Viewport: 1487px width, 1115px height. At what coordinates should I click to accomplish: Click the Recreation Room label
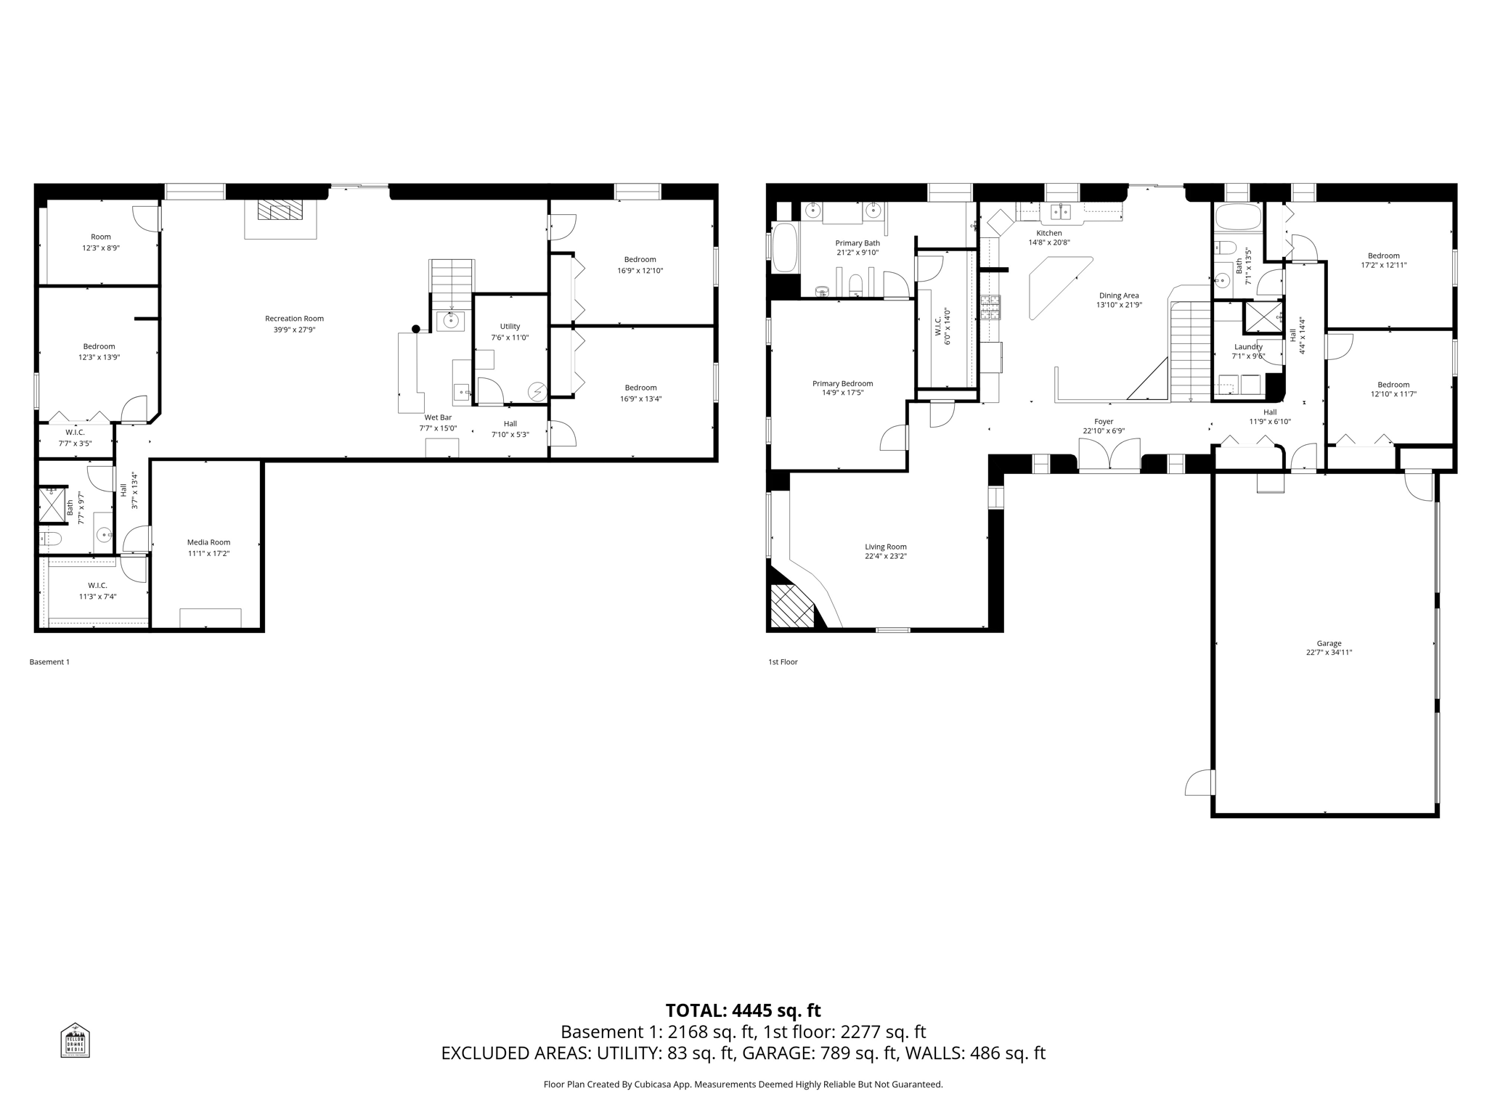point(294,319)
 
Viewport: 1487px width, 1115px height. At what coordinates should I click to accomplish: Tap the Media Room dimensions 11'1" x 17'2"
point(208,553)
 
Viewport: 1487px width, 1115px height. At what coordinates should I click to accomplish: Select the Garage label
point(1329,643)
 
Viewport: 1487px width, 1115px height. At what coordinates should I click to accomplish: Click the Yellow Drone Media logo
point(75,1040)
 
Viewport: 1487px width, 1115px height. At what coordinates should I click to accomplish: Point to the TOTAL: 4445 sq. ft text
point(743,1010)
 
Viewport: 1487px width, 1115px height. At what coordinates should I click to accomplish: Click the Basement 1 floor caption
point(49,662)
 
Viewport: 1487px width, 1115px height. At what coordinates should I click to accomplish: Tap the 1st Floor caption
point(783,662)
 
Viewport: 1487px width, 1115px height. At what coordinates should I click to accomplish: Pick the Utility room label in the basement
point(510,327)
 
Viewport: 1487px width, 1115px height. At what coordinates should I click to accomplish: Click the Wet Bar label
point(438,417)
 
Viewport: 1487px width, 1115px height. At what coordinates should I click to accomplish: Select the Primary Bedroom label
point(842,383)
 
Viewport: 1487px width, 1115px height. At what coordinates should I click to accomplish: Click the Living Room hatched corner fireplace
point(791,606)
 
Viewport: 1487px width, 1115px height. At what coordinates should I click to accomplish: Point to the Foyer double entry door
point(1109,456)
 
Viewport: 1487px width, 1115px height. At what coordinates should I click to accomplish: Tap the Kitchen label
point(1048,233)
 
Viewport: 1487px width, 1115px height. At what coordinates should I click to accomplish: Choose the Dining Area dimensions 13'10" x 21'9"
point(1119,305)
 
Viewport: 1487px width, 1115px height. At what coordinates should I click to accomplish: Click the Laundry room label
point(1248,347)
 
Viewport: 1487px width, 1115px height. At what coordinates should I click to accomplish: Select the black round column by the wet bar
point(416,329)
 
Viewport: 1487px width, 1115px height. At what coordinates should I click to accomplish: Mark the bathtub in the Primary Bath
point(784,247)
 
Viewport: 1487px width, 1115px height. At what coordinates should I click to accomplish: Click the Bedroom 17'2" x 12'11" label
point(1383,256)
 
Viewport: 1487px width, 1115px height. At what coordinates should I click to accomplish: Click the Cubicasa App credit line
point(743,1085)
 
